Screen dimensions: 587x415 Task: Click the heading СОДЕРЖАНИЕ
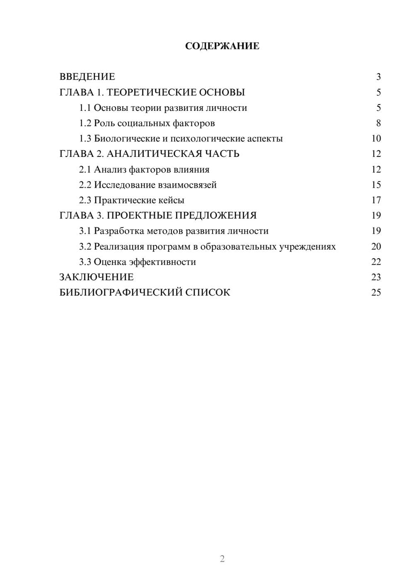[x=222, y=46]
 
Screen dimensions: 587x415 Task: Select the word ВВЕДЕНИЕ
[x=87, y=77]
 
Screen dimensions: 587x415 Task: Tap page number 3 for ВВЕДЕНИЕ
[x=378, y=77]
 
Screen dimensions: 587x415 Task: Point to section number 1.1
[x=85, y=108]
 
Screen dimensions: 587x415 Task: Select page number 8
[x=378, y=123]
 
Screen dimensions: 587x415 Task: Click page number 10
[x=376, y=139]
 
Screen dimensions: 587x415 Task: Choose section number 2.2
[x=85, y=185]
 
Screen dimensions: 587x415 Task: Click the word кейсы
[x=171, y=200]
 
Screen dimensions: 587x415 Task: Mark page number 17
[x=376, y=200]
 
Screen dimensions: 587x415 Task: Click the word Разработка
[x=119, y=231]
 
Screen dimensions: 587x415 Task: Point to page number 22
[x=376, y=262]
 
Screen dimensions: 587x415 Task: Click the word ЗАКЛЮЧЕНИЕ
[x=96, y=277]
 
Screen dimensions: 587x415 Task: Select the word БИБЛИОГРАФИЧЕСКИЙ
[x=121, y=293]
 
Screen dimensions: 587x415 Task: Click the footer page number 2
[x=222, y=559]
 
